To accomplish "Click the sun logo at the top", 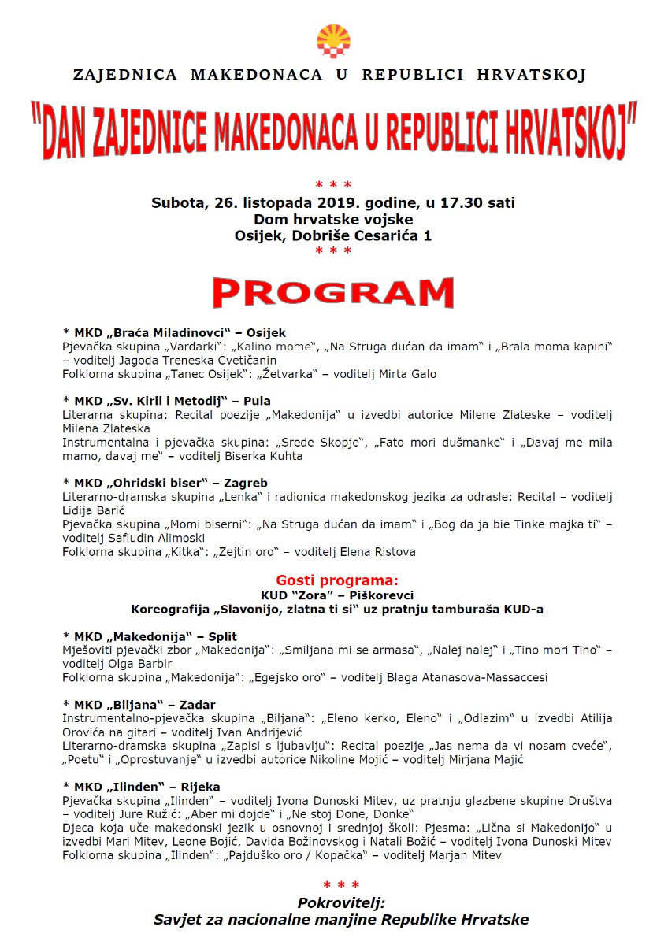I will coord(333,41).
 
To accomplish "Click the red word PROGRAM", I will coord(333,291).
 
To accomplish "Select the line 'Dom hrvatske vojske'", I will coord(333,219).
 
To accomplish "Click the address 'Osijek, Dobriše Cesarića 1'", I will coord(333,235).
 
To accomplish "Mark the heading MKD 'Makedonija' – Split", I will coord(150,636).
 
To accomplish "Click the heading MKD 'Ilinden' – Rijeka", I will coord(141,786).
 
